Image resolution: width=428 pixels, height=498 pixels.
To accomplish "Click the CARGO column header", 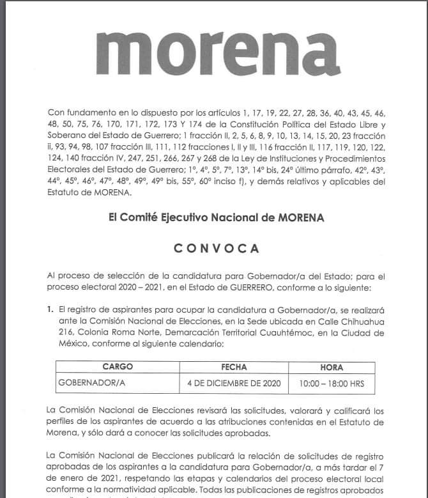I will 117,368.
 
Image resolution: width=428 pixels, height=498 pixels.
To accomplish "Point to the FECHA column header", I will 233,368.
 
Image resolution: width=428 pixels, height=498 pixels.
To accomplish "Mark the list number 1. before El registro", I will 50,309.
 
